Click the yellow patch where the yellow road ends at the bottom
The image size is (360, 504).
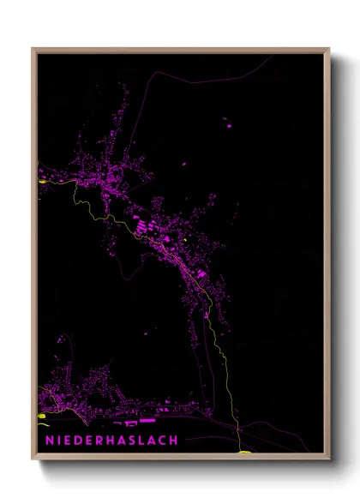[x=243, y=452]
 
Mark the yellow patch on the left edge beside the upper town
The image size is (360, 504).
[x=42, y=181]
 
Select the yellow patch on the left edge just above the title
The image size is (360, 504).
[x=41, y=417]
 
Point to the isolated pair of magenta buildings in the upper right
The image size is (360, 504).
[x=227, y=124]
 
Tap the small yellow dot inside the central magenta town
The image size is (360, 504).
[x=183, y=239]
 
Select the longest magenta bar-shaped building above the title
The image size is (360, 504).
[x=147, y=421]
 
